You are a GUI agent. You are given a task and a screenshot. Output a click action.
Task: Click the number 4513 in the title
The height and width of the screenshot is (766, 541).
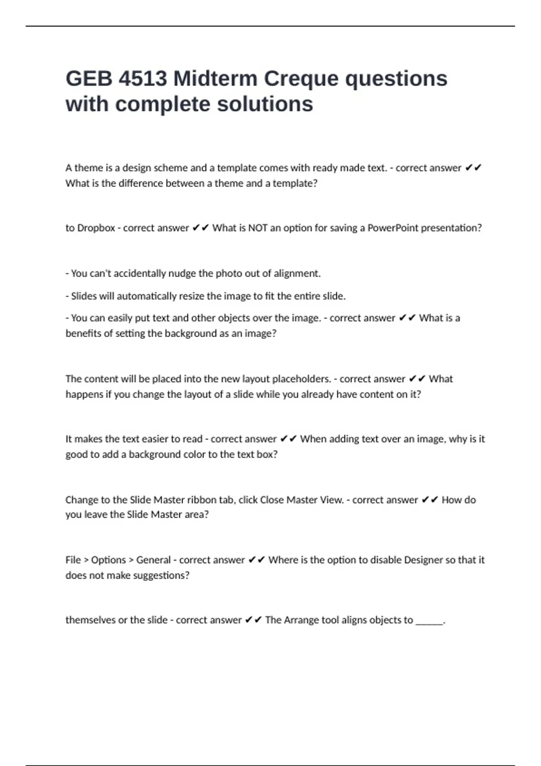point(142,79)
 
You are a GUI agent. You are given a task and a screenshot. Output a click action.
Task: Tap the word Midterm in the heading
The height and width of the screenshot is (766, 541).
point(215,79)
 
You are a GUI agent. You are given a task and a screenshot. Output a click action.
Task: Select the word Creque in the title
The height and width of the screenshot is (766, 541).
point(301,79)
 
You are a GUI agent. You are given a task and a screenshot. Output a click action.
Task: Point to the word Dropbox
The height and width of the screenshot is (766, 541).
point(96,228)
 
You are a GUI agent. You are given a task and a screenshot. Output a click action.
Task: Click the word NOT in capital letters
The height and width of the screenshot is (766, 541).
point(258,228)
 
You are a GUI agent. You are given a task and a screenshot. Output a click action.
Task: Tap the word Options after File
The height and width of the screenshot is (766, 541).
point(108,560)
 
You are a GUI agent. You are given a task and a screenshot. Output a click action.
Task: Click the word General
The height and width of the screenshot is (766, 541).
point(153,560)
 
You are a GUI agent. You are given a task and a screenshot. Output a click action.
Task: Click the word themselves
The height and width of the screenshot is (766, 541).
point(90,620)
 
